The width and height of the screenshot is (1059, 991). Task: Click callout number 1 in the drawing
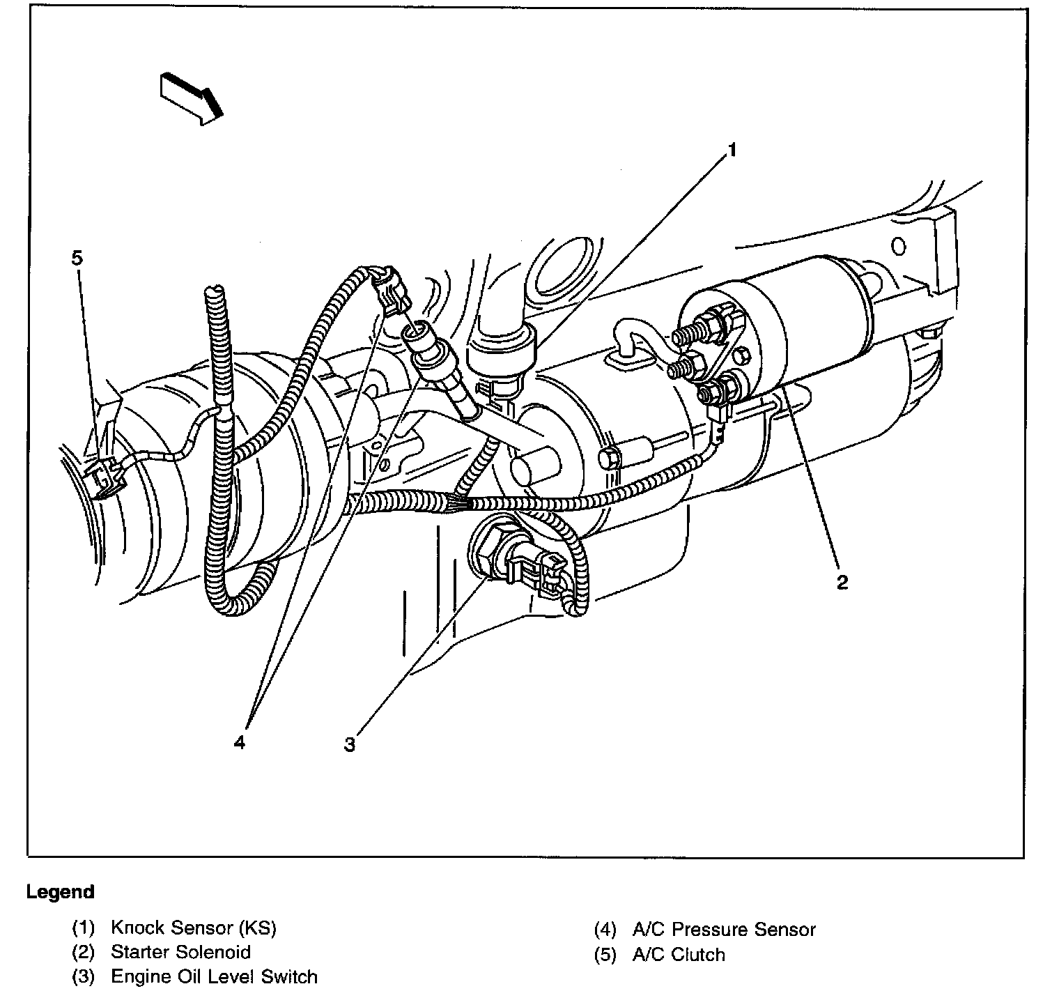tap(732, 149)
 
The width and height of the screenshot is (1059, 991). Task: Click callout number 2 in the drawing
tap(842, 582)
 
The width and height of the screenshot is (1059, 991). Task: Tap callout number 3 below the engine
tap(350, 745)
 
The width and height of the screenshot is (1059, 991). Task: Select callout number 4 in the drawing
tap(239, 743)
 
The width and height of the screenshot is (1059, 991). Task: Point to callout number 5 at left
tap(77, 258)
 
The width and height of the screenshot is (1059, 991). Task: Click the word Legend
tap(60, 892)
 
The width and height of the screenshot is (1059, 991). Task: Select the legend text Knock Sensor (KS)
tap(193, 928)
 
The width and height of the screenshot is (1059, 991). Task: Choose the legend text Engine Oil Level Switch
tap(214, 977)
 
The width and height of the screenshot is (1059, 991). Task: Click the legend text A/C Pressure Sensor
tap(723, 929)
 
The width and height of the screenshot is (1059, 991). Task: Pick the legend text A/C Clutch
tap(678, 954)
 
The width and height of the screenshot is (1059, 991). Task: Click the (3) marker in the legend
tap(82, 977)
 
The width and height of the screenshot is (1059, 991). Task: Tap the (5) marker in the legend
tap(605, 954)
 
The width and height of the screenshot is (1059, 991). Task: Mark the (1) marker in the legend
tap(82, 928)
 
